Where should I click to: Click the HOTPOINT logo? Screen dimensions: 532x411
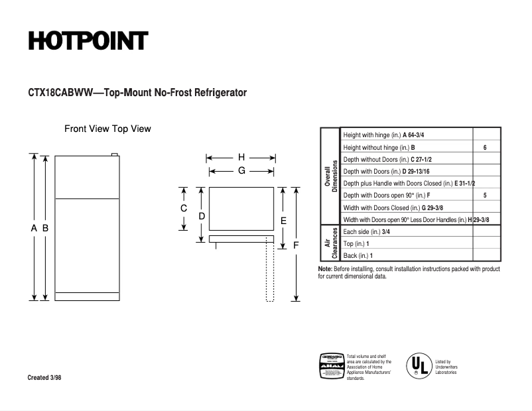click(x=88, y=41)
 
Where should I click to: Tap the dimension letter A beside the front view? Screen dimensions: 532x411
click(x=34, y=228)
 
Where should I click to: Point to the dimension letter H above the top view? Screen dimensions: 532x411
click(x=241, y=158)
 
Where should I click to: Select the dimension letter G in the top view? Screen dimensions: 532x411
click(x=241, y=170)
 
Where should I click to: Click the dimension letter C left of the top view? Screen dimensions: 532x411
click(x=184, y=208)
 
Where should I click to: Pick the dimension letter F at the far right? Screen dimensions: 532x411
click(x=296, y=245)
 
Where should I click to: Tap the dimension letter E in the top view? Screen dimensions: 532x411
click(x=283, y=220)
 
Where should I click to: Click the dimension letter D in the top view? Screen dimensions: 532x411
click(x=202, y=215)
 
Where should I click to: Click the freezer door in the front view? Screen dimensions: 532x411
click(x=87, y=177)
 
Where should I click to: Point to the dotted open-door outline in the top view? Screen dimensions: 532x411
click(x=270, y=272)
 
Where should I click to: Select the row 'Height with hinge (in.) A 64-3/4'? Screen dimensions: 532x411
click(x=383, y=135)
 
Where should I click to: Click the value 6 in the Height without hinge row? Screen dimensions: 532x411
click(x=485, y=147)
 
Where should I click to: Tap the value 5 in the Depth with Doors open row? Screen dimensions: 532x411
click(x=485, y=196)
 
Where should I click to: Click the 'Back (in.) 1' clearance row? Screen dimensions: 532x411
click(x=358, y=255)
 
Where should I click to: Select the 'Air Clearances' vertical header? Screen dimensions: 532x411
click(x=330, y=243)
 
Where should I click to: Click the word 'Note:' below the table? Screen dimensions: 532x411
click(x=325, y=269)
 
